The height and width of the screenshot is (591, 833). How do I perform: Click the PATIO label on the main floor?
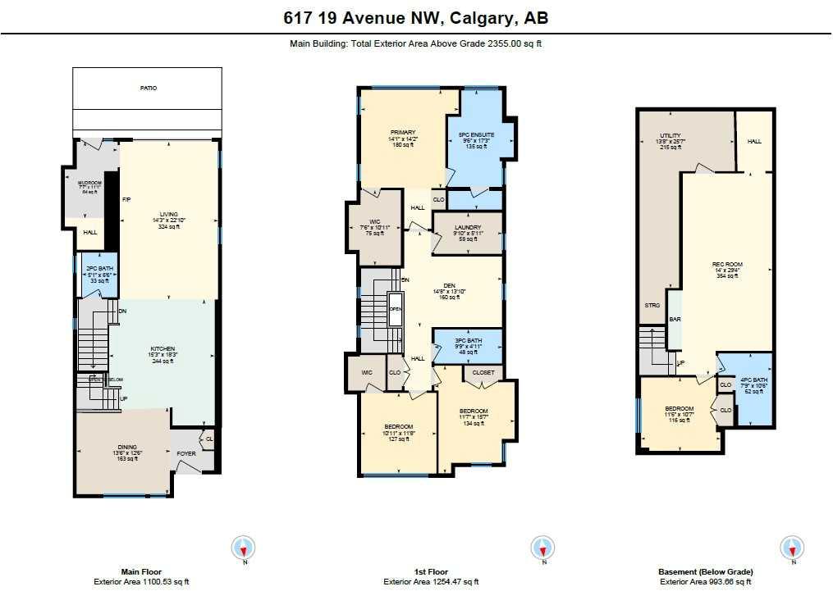pos(147,88)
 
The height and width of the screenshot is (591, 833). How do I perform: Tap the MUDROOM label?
pos(89,183)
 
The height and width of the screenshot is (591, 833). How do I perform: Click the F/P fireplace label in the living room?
pos(126,199)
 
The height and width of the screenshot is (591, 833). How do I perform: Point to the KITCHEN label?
pos(162,348)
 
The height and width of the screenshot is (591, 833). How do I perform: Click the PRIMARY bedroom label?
pos(403,132)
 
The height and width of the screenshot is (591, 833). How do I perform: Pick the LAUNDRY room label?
pos(466,228)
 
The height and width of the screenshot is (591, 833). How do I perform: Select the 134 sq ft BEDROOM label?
pos(474,411)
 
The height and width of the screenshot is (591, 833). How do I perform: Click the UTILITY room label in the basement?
pos(671,136)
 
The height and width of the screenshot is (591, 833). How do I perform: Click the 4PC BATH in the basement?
pos(753,380)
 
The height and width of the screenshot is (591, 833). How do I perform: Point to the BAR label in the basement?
pos(675,319)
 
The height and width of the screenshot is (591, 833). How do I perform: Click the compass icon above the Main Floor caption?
pos(244,548)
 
